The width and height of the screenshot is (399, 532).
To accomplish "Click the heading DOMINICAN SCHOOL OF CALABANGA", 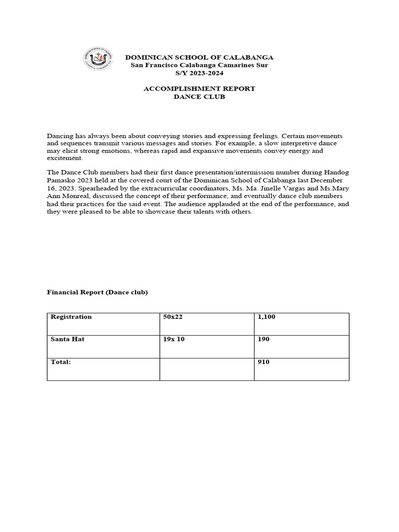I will tap(199, 57).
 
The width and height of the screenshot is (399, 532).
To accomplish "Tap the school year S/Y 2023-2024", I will tap(199, 73).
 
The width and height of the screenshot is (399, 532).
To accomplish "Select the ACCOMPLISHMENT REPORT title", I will tap(199, 89).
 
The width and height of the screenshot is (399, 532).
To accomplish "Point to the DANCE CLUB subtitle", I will tap(199, 97).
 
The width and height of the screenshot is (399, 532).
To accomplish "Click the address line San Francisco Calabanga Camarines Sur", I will tap(199, 65).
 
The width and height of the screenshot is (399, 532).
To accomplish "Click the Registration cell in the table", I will tap(71, 316).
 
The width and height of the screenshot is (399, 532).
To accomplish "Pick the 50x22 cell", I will tap(171, 316).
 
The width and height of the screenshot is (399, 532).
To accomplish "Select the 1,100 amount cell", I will tap(267, 316).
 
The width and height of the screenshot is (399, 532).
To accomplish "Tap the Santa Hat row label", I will tap(68, 339).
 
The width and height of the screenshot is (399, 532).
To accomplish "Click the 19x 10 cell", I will tap(174, 339).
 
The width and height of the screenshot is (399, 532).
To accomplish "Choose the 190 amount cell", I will tap(263, 339).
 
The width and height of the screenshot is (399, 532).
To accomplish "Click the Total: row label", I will tap(60, 362).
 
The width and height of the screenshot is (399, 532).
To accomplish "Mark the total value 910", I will tap(263, 362).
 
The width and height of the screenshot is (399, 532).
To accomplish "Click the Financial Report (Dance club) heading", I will tap(98, 292).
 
